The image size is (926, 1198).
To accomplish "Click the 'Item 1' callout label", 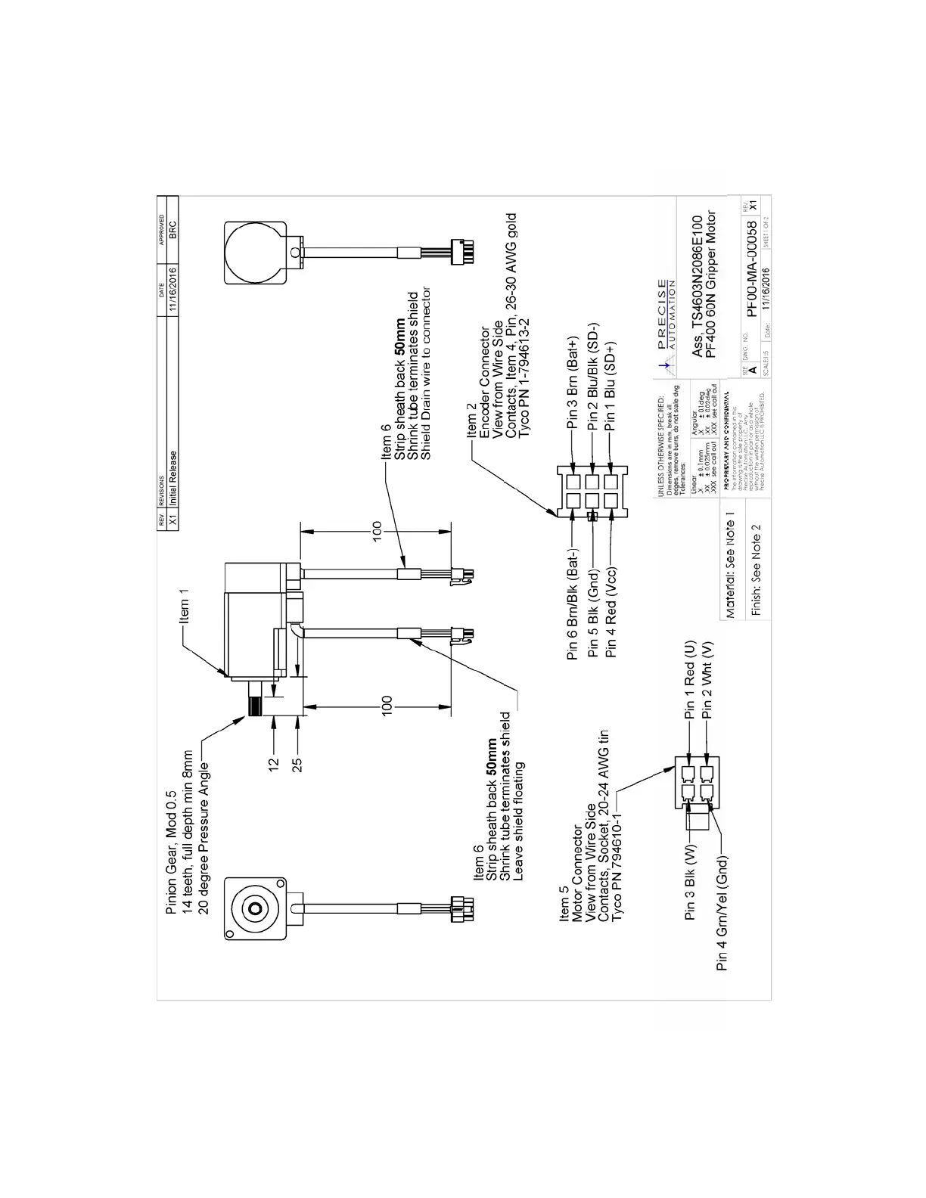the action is pos(184,607).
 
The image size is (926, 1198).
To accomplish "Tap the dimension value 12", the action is pos(275,765).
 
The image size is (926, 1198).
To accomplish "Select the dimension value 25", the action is pos(298,765).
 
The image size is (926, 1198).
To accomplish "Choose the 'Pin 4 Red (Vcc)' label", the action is pos(612,612).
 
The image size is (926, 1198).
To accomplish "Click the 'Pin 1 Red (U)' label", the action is pos(689,681).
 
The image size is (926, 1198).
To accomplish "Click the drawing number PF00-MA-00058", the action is pos(751,269).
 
